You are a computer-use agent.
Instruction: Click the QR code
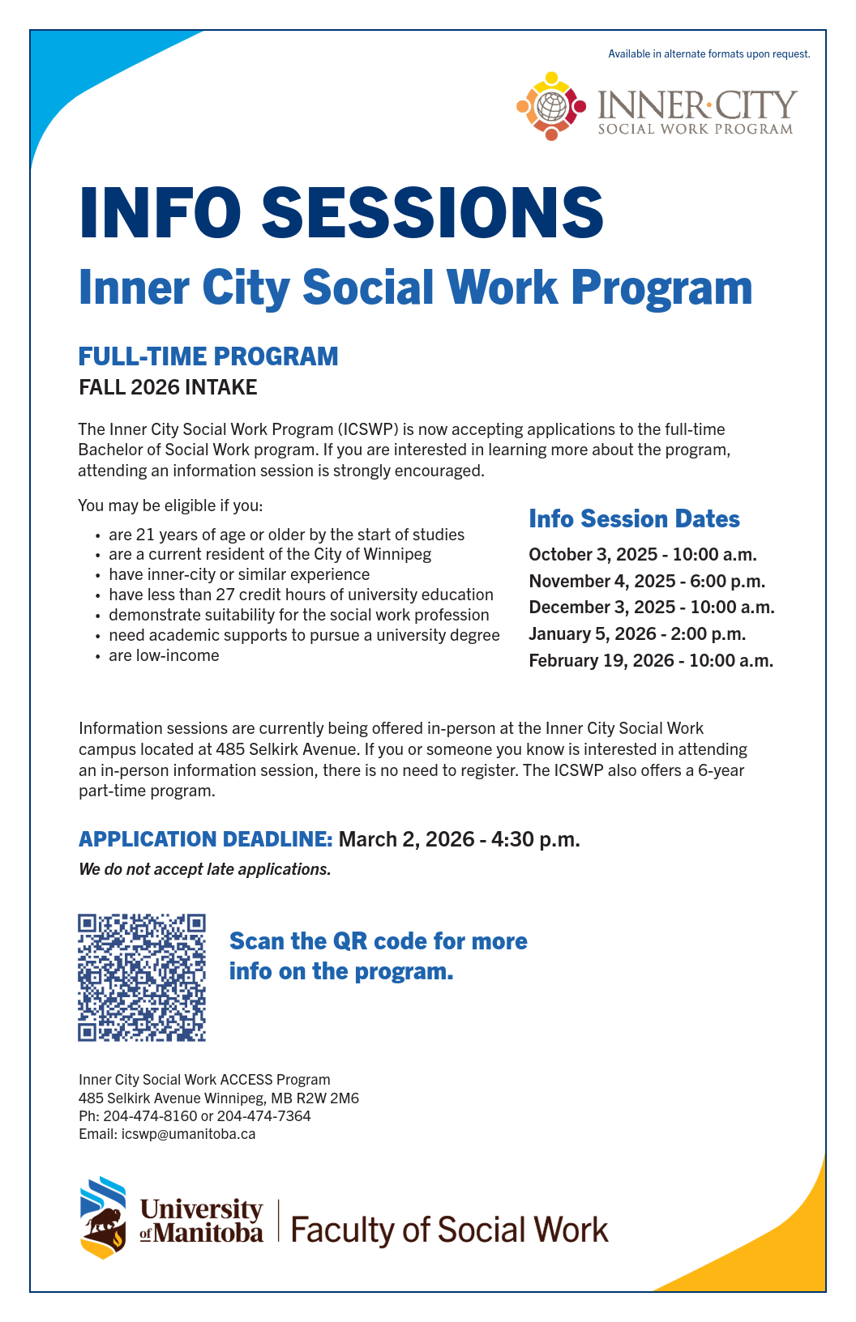click(x=142, y=978)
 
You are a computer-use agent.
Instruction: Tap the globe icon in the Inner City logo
click(x=552, y=106)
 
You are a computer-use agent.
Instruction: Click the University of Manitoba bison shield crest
click(x=103, y=1218)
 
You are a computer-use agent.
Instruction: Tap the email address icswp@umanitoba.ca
click(x=188, y=1134)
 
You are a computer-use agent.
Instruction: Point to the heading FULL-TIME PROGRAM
click(x=208, y=356)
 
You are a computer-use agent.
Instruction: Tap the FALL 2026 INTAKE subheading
click(x=168, y=387)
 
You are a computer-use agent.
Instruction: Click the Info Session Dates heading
click(x=634, y=519)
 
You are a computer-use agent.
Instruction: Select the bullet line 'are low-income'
click(x=164, y=655)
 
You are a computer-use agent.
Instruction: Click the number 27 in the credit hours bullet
click(x=225, y=595)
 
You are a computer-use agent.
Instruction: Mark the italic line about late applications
click(x=205, y=869)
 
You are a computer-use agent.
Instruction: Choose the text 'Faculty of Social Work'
click(x=449, y=1230)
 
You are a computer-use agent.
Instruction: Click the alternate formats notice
click(x=709, y=54)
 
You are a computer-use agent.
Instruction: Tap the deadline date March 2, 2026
click(x=406, y=839)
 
